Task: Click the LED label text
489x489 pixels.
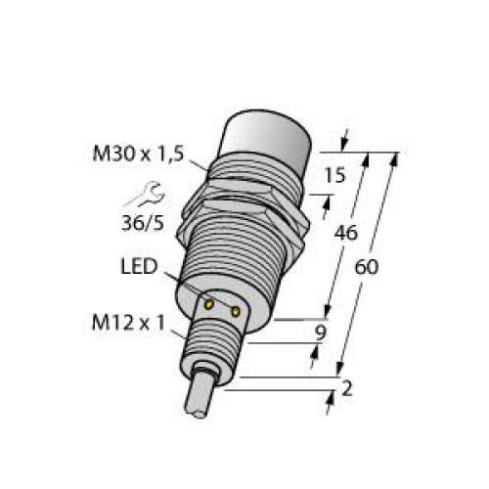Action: tap(138, 267)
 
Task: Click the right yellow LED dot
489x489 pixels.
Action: tap(235, 311)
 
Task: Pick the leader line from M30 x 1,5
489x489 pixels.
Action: tap(200, 164)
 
